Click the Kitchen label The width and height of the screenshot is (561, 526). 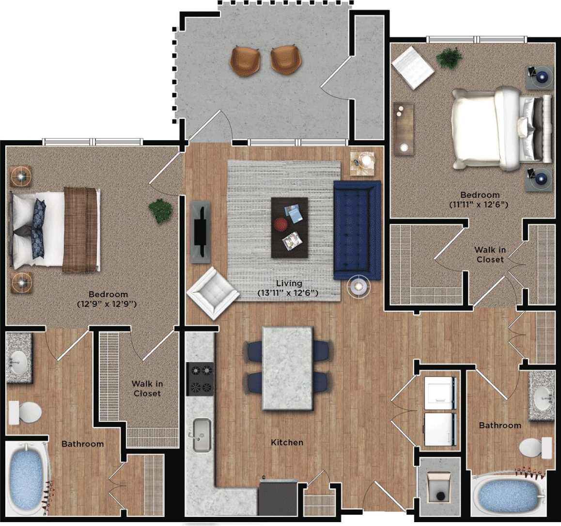[x=287, y=442]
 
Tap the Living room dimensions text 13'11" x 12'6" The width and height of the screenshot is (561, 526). [x=287, y=293]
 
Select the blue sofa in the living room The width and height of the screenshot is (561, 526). [x=357, y=230]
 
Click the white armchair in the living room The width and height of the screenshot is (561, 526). [x=213, y=293]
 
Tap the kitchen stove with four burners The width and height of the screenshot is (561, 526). [x=200, y=379]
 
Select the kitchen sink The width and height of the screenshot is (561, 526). [x=201, y=434]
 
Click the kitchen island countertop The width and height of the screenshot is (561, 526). [x=287, y=368]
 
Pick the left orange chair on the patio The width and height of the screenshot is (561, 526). [x=245, y=61]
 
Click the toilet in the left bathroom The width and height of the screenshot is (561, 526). [x=25, y=412]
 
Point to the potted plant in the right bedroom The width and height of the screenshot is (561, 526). [x=449, y=58]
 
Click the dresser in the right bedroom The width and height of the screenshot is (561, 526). [x=404, y=129]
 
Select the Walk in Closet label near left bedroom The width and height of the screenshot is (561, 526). [x=147, y=389]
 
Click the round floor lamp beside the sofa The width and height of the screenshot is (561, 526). [x=358, y=287]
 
